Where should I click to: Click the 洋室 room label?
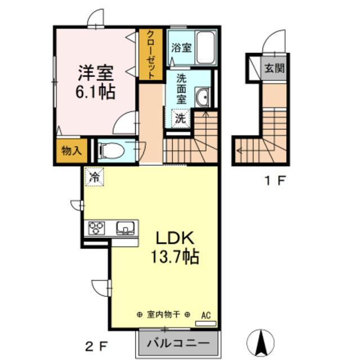96,73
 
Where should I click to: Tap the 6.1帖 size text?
96,91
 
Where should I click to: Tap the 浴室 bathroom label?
182,48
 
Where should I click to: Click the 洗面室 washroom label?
181,88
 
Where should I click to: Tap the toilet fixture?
110,151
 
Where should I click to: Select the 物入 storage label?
71,151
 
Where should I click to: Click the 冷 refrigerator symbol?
94,177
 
